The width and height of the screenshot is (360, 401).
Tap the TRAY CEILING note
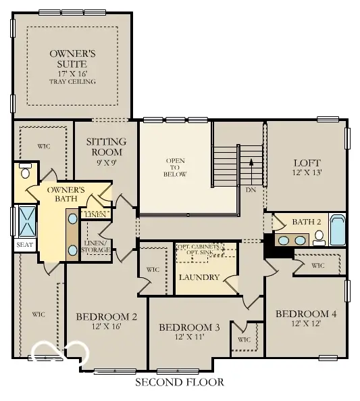point(72,82)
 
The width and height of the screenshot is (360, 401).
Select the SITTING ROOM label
point(107,147)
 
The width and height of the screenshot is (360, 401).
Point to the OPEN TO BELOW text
point(175,167)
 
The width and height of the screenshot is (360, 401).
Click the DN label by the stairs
point(251,190)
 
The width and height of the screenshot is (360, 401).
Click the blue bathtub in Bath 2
point(337,229)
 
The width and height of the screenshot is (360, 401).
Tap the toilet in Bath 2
point(318,236)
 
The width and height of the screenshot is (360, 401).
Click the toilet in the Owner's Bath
point(26,170)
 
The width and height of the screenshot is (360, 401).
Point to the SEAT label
point(24,244)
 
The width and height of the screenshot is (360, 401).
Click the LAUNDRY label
point(199,277)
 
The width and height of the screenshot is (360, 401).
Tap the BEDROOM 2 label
point(107,316)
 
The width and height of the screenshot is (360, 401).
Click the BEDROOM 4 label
point(306,314)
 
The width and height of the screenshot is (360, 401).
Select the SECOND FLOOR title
point(179,383)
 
